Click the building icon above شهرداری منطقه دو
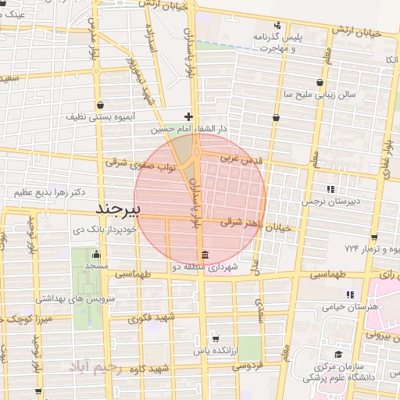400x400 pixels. coord(204,255)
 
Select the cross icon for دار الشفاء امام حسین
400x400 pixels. coord(188,116)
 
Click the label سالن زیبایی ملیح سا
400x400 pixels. coord(320,94)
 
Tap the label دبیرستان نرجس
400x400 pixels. coord(331,202)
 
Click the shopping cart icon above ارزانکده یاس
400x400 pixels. coord(215,339)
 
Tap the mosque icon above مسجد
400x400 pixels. coord(96,254)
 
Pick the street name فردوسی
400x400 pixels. coord(250,365)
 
